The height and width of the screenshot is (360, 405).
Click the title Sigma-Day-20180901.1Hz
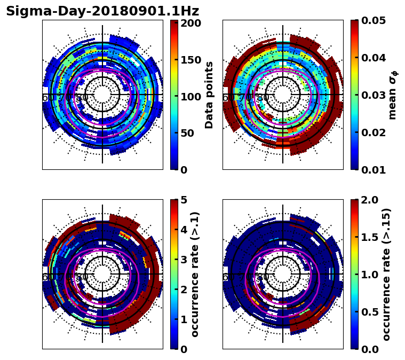click(x=102, y=11)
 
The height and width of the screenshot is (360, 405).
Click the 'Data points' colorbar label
click(x=209, y=95)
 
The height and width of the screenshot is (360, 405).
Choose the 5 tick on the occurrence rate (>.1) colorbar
click(x=183, y=200)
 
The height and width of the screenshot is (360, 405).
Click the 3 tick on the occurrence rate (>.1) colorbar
click(x=183, y=260)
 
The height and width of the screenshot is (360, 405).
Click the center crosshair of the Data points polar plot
click(x=102, y=95)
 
